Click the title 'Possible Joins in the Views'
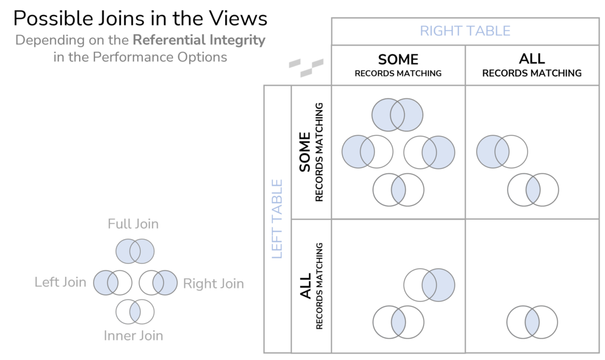(140, 19)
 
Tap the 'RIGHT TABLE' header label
(465, 31)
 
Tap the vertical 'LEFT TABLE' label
(277, 219)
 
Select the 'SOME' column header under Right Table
(398, 60)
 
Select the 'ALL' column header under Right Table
(532, 60)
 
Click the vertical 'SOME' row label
(305, 152)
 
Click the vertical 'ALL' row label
(306, 286)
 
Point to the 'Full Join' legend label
(133, 224)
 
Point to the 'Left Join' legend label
(60, 282)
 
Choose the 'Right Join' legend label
(213, 284)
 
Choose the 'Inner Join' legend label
(134, 336)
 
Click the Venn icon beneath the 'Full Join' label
(135, 251)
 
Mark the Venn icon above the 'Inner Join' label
(135, 312)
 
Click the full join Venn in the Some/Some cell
(398, 115)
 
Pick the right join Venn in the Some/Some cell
(430, 152)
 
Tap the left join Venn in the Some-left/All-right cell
(502, 151)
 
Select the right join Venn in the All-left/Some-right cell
(430, 285)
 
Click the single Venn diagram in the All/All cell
(532, 322)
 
